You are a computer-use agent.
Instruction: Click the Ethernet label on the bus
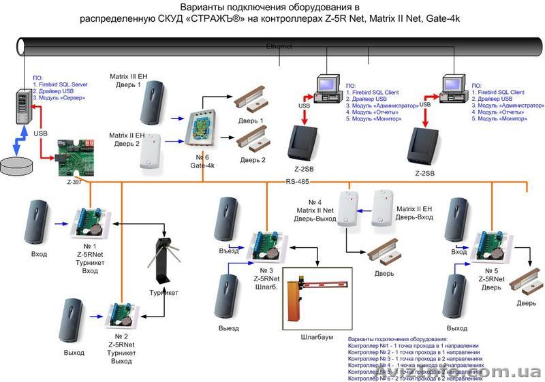pyautogui.click(x=279, y=46)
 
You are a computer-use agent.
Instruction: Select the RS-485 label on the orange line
pyautogui.click(x=298, y=181)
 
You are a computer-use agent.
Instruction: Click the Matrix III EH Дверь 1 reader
pyautogui.click(x=151, y=101)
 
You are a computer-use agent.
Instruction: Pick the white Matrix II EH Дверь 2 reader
pyautogui.click(x=151, y=150)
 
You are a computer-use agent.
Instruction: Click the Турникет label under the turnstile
pyautogui.click(x=164, y=293)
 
